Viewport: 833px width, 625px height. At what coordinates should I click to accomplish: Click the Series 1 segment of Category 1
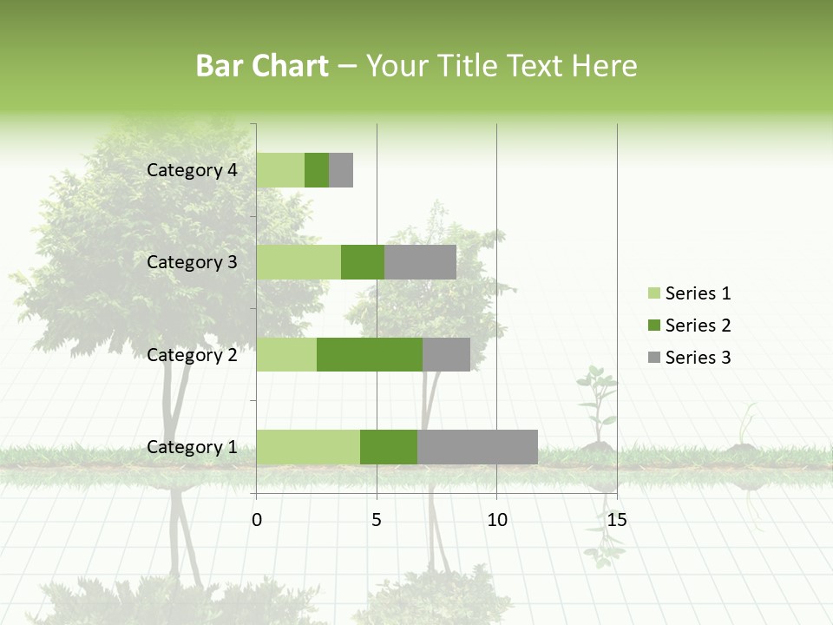click(308, 447)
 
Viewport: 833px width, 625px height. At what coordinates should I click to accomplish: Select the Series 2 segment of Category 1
click(389, 447)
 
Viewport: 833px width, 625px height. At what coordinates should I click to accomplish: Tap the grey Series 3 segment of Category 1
click(477, 447)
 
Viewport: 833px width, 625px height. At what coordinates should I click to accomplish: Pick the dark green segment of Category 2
click(370, 354)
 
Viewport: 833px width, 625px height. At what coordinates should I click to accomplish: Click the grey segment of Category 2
click(446, 354)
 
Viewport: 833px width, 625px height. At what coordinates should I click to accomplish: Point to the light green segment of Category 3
click(298, 262)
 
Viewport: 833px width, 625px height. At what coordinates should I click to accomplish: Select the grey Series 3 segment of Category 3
click(420, 262)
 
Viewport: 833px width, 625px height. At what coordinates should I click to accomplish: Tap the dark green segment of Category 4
click(317, 170)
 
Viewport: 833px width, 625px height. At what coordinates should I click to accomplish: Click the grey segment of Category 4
click(341, 170)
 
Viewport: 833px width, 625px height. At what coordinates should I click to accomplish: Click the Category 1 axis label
click(192, 447)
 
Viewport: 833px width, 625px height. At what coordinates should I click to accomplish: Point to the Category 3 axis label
click(192, 262)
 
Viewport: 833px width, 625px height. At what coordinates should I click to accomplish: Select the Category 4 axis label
click(192, 170)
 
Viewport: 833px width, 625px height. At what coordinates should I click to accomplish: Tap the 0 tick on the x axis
click(257, 520)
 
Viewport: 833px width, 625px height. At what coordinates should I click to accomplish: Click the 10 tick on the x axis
click(496, 520)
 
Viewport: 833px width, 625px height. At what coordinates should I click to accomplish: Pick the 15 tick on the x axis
click(617, 520)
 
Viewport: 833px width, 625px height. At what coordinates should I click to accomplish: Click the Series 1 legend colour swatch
click(653, 293)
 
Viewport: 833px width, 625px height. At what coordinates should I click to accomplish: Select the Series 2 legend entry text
click(698, 326)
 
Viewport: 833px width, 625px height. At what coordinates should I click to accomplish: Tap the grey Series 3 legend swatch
click(653, 358)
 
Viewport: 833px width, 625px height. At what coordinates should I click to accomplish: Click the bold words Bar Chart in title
click(262, 66)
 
